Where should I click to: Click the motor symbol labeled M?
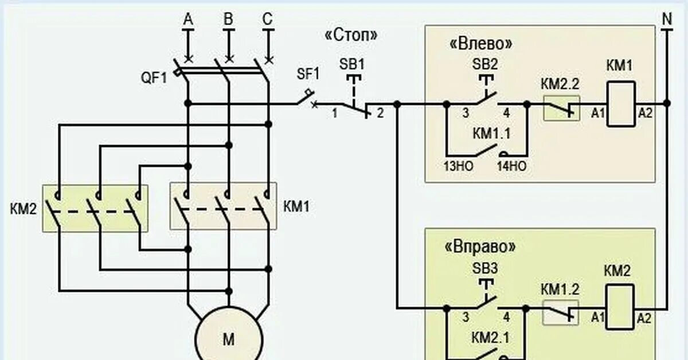click(228, 339)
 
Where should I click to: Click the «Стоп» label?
click(351, 36)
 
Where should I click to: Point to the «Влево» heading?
click(481, 44)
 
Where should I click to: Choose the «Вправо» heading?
click(480, 247)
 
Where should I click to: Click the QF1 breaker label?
click(153, 78)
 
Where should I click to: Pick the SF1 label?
click(308, 73)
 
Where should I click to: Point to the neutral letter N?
click(667, 19)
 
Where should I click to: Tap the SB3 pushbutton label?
click(485, 268)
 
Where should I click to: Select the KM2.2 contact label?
click(560, 84)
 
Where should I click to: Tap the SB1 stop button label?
click(352, 64)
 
